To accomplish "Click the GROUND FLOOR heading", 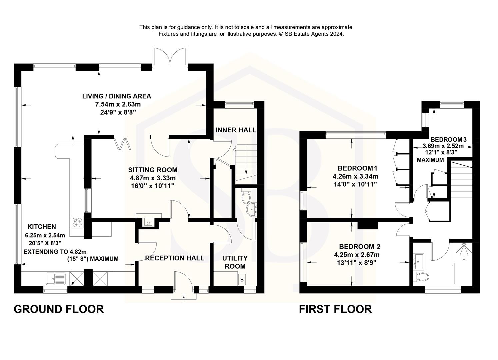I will pos(59,309).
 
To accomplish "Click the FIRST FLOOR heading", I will pos(335,309).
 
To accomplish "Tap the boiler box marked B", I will pos(242,279).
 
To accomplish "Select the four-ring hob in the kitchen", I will pos(77,222).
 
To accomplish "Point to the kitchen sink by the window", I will pos(56,278).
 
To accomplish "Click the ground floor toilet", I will pos(247,197).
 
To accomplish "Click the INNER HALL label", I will pos(236,130).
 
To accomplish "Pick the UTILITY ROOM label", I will pos(235,262).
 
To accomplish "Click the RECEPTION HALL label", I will pos(175,258).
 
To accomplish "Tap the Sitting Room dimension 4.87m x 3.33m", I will pos(153,178).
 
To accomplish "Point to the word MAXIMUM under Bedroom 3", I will pos(430,160).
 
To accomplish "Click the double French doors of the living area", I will pos(170,57).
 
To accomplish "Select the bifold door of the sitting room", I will pos(122,143).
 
